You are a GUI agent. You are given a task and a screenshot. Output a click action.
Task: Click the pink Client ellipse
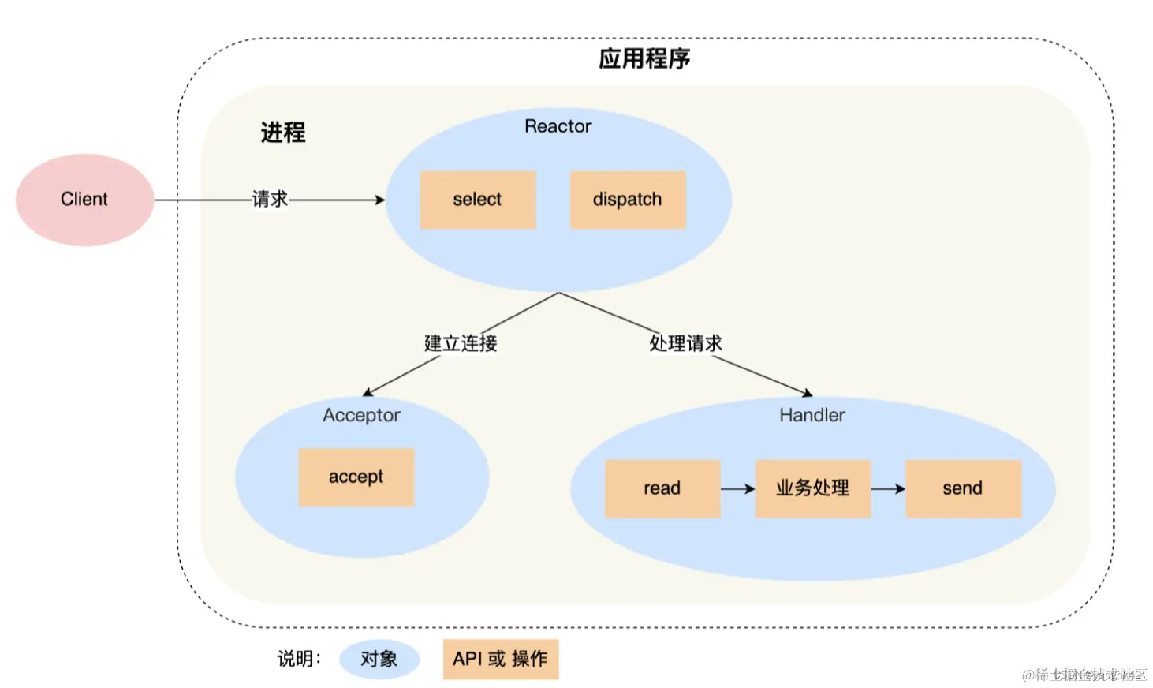(x=84, y=200)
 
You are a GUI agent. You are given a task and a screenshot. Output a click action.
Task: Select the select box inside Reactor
(x=477, y=200)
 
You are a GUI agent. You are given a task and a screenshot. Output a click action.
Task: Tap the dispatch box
(x=628, y=200)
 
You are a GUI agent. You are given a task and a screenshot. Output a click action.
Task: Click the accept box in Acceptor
(x=356, y=477)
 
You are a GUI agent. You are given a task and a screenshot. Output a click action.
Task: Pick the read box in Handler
(x=662, y=488)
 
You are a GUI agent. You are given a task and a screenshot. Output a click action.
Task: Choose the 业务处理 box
(x=812, y=488)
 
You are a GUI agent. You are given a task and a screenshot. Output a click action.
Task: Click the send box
(x=963, y=488)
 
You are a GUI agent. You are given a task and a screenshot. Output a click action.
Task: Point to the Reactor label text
(x=558, y=126)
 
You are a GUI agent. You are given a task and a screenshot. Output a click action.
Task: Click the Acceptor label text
(x=361, y=415)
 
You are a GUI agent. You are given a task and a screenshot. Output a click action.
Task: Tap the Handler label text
(x=812, y=415)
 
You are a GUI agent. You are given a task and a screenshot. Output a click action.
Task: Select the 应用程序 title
(x=644, y=59)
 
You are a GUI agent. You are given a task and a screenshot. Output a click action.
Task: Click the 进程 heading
(x=283, y=133)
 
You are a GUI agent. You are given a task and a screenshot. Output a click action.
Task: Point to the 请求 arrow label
(x=270, y=199)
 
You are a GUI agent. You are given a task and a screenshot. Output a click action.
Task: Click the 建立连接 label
(x=461, y=343)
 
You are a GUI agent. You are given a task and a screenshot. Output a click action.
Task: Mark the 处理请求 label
(x=685, y=343)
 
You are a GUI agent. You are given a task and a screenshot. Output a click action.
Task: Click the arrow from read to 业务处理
(x=737, y=489)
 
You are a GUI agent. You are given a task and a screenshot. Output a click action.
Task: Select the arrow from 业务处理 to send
(x=887, y=489)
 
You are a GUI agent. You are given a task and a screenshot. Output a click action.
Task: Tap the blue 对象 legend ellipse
(x=379, y=659)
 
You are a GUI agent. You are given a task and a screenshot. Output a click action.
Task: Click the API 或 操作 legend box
(x=500, y=659)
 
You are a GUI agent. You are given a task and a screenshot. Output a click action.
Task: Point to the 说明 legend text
(x=299, y=659)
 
